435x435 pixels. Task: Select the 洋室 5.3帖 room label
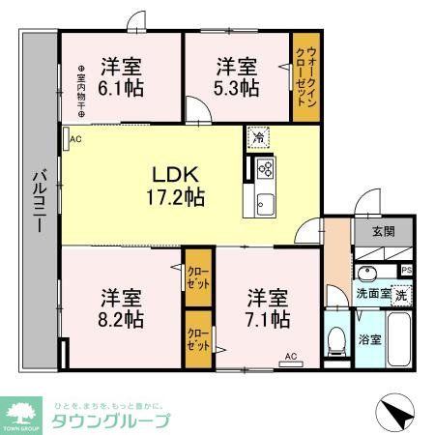click(x=236, y=76)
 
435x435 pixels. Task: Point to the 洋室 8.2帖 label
click(x=124, y=305)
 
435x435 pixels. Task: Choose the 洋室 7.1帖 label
click(x=267, y=305)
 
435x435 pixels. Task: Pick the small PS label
click(x=407, y=270)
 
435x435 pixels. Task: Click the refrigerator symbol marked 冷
click(x=259, y=137)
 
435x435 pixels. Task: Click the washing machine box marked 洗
click(x=400, y=294)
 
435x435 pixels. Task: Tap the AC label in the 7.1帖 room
click(x=290, y=356)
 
